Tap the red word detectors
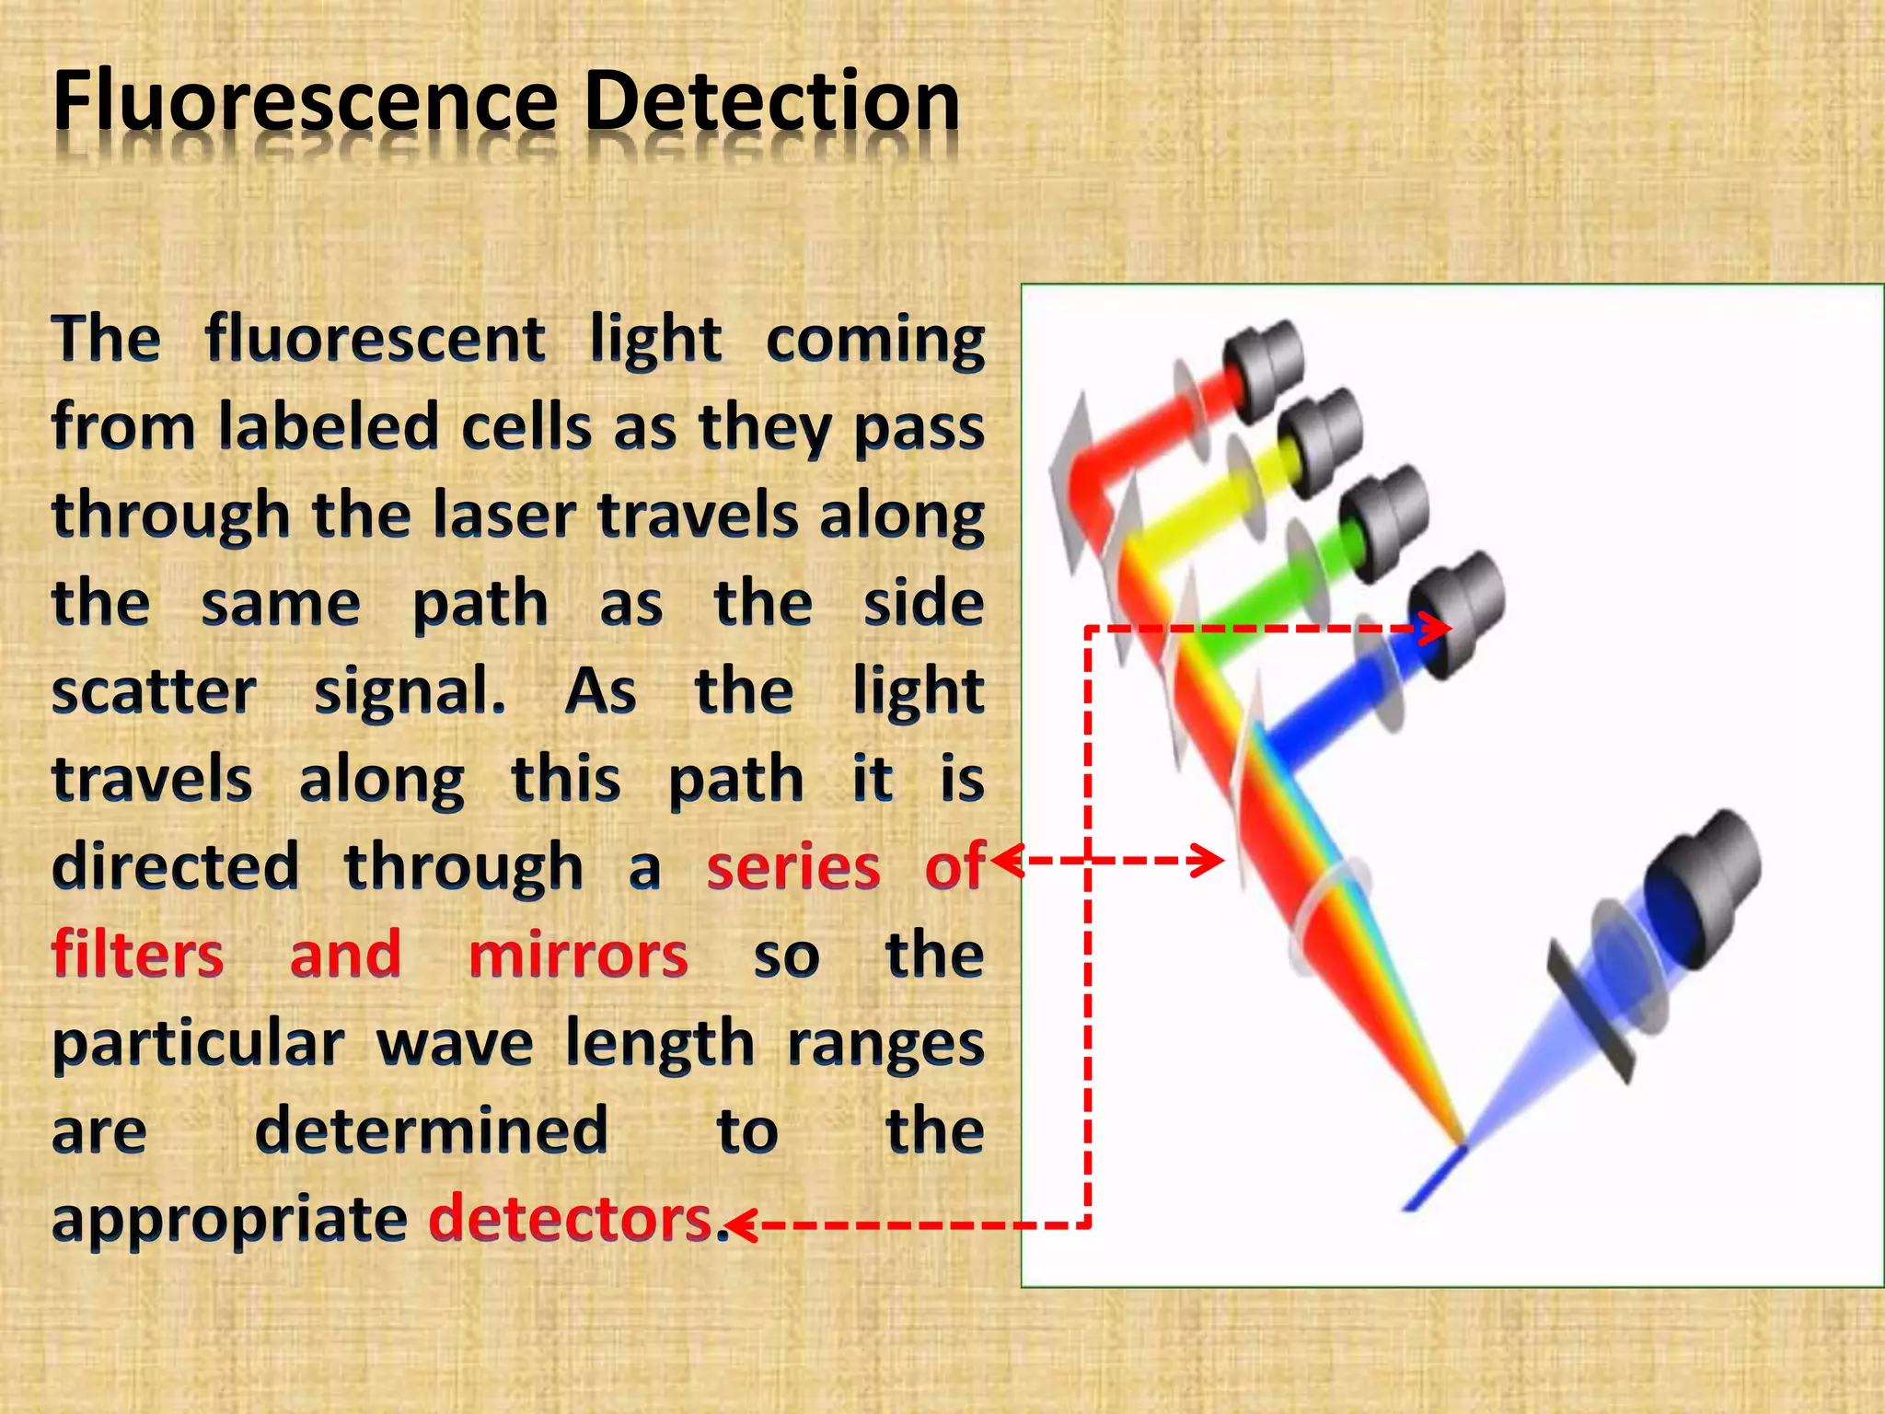pyautogui.click(x=571, y=1219)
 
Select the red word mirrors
pyautogui.click(x=578, y=956)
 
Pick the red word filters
pyautogui.click(x=138, y=956)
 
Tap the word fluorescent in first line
pyautogui.click(x=376, y=339)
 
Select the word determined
pyautogui.click(x=431, y=1130)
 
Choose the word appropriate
pyautogui.click(x=229, y=1219)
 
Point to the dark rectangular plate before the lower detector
pyautogui.click(x=1590, y=1013)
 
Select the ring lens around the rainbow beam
pyautogui.click(x=1330, y=916)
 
